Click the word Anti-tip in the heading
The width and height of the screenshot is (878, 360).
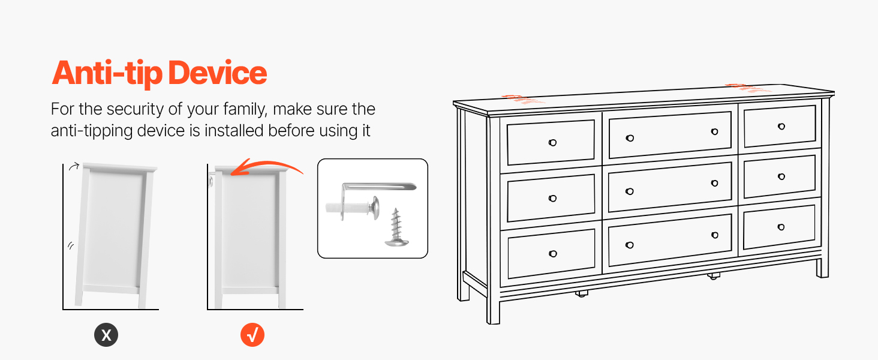click(107, 73)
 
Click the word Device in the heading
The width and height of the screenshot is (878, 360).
click(218, 73)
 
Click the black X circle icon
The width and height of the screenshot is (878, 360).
click(106, 335)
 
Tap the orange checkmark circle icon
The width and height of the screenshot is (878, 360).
click(252, 335)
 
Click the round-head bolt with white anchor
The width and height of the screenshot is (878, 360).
click(353, 206)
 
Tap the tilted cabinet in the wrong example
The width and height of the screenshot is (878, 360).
click(116, 235)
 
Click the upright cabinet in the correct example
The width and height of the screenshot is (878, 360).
click(251, 237)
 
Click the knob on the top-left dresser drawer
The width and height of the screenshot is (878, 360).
click(553, 143)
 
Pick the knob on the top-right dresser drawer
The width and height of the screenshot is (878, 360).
click(781, 126)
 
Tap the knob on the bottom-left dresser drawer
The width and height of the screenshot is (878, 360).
click(553, 254)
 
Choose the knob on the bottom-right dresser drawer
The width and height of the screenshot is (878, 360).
click(781, 227)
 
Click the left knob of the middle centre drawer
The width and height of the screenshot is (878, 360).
click(630, 191)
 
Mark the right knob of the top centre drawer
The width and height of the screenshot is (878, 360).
click(714, 132)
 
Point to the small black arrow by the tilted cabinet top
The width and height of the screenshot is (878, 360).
click(74, 166)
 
